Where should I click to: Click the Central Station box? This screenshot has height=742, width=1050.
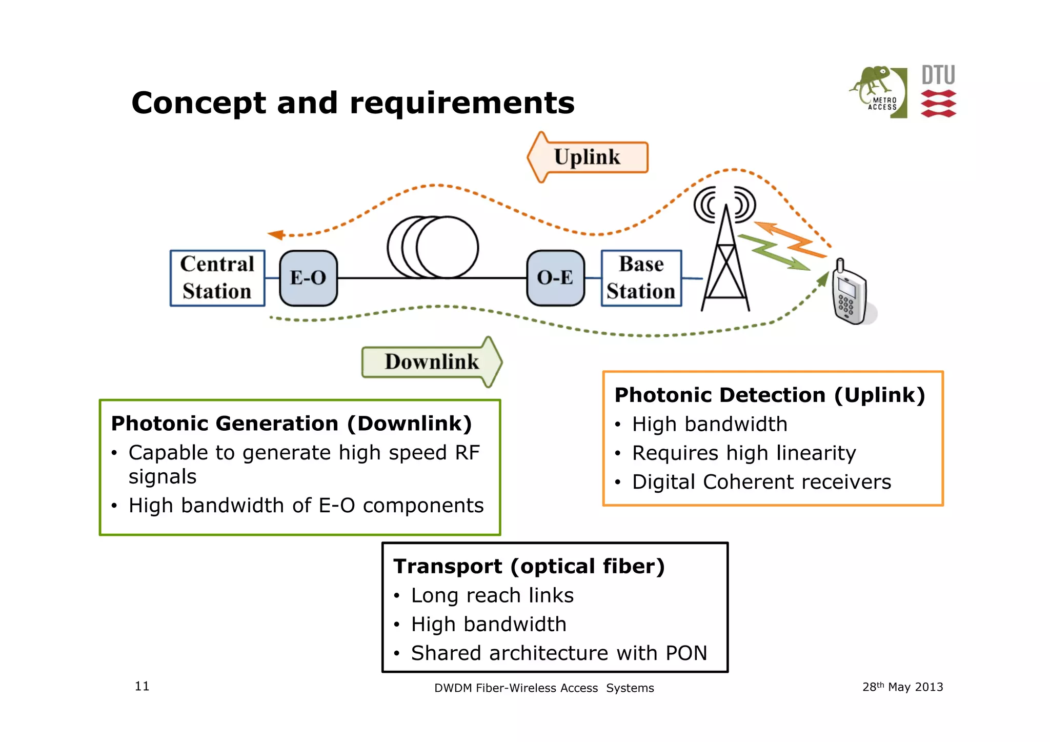point(217,278)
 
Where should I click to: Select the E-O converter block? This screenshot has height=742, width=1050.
point(308,278)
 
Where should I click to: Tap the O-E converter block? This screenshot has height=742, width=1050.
point(555,278)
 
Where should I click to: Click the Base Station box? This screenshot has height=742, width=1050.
point(641,278)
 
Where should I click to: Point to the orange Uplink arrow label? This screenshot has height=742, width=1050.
point(588,157)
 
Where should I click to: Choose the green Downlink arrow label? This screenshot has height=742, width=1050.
point(432,362)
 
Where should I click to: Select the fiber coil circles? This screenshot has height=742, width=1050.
point(433,247)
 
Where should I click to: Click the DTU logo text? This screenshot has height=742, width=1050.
point(938,75)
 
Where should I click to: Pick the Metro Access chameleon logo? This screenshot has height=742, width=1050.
point(878,91)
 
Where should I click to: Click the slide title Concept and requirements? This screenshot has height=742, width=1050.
point(353,103)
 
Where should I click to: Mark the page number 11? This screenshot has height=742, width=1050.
point(142,686)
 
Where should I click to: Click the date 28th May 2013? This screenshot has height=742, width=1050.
point(902,687)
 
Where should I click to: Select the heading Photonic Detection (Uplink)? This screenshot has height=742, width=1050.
point(770,395)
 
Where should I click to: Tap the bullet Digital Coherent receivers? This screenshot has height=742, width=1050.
point(761,482)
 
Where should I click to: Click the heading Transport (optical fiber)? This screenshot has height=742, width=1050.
point(529,566)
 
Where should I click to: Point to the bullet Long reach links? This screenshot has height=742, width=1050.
point(492,595)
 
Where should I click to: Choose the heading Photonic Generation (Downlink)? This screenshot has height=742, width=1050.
point(291,424)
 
